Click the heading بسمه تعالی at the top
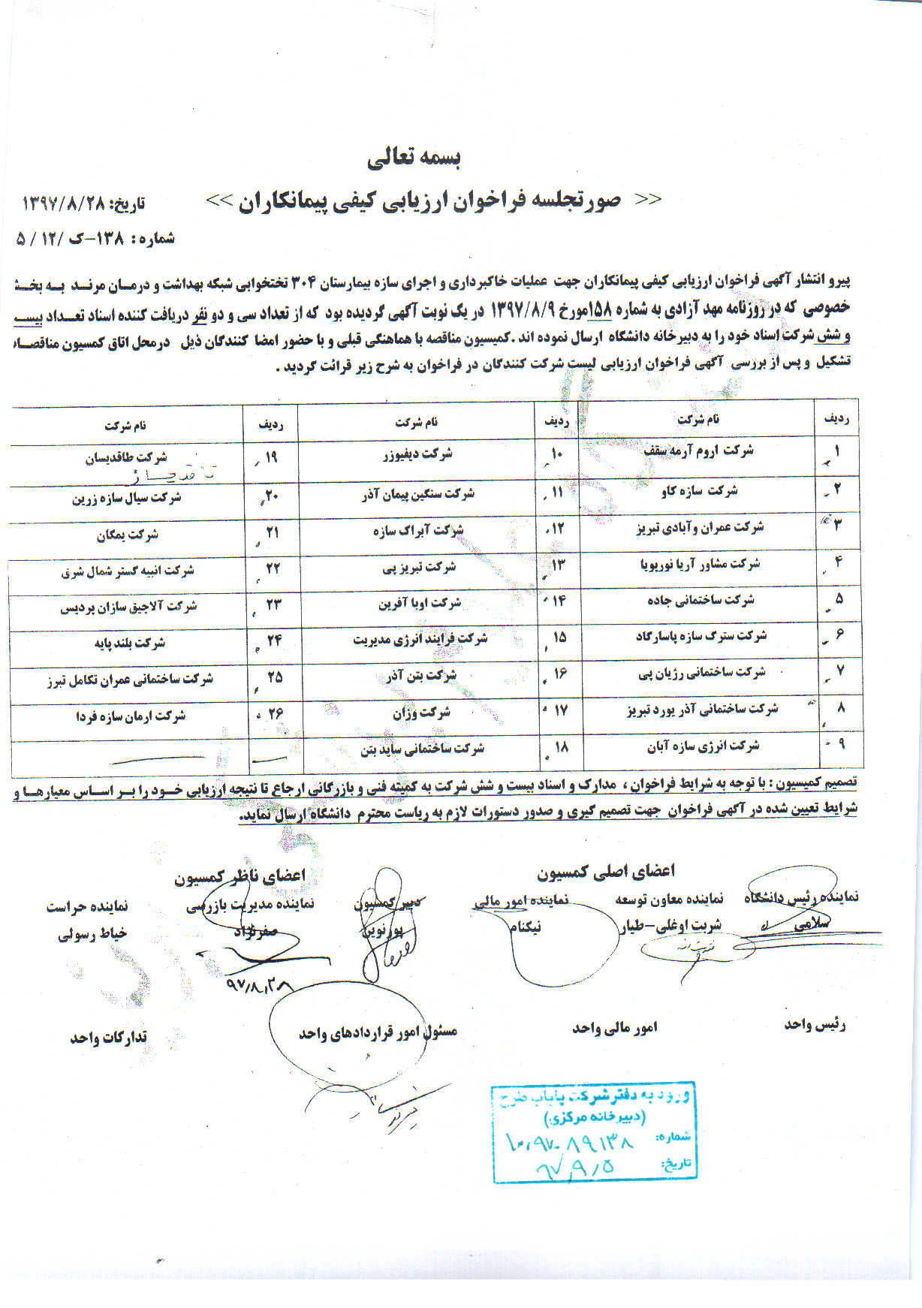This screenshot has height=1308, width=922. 414,157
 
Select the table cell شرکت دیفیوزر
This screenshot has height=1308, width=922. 417,454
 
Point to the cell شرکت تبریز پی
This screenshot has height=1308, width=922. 419,567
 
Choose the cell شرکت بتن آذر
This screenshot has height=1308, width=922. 421,675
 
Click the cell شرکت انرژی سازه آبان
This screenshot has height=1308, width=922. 703,746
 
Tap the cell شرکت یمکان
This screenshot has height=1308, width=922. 128,535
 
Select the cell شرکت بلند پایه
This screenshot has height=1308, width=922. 129,643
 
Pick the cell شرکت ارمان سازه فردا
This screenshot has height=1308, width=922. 130,716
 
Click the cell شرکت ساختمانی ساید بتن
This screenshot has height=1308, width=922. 422,749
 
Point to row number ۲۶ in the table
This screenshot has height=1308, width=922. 275,713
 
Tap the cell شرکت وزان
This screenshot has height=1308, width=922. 421,712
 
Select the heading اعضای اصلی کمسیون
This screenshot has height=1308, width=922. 605,871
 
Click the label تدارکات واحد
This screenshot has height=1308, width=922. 108,1038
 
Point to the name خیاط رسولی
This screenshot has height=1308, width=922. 92,933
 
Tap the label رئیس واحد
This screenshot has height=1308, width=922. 815,1024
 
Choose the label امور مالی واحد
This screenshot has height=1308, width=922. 614,1027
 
